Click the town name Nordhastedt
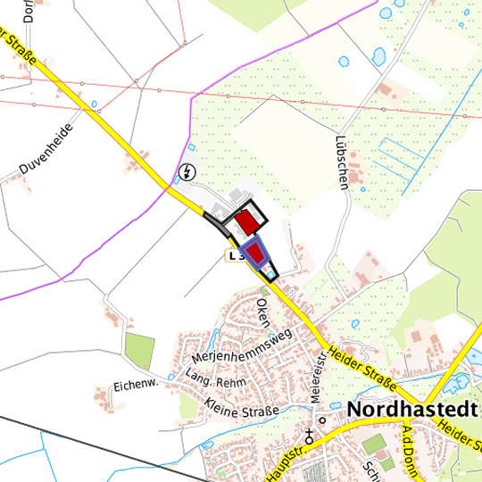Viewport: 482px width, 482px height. click(x=411, y=409)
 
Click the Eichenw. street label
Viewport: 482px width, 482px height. click(x=135, y=386)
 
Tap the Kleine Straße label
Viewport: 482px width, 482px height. click(x=241, y=410)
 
